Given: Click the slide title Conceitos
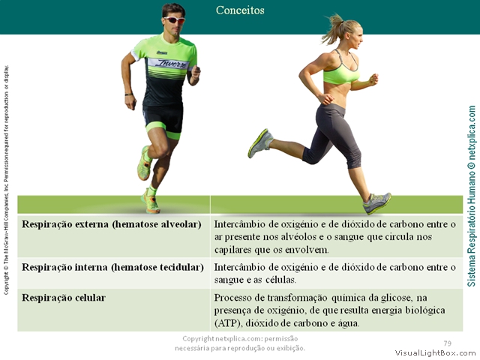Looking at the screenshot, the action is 240,10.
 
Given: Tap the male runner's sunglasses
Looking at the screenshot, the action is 175,20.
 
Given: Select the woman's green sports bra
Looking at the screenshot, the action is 341,72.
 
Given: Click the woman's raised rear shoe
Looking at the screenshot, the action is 260,143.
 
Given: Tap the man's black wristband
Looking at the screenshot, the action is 129,94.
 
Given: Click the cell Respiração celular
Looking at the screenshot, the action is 64,298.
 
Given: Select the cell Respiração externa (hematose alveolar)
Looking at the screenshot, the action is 112,224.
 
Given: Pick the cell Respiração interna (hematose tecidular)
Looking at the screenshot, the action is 112,268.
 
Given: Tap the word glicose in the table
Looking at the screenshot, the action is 393,298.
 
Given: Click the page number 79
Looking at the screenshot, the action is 447,343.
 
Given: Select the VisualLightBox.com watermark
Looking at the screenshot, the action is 435,353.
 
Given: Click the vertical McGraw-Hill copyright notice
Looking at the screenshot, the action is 6,180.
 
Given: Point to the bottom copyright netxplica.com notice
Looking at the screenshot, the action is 240,343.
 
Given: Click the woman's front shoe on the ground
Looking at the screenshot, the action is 376,203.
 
